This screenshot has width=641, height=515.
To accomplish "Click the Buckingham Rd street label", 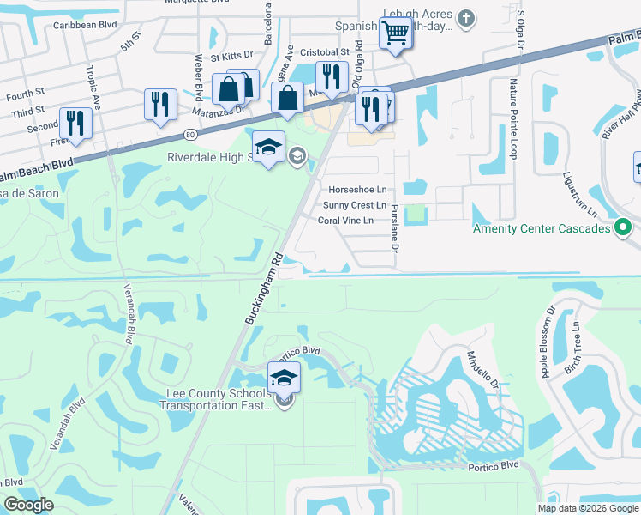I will pyautogui.click(x=263, y=287).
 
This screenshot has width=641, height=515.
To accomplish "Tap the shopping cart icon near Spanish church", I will pyautogui.click(x=395, y=35).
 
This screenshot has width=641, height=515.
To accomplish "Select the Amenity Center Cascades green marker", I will pyautogui.click(x=624, y=228).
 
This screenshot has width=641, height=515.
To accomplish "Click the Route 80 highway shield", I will pyautogui.click(x=190, y=134).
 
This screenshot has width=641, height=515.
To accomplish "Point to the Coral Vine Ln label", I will pyautogui.click(x=346, y=221).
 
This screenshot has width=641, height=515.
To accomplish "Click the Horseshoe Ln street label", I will pyautogui.click(x=358, y=189).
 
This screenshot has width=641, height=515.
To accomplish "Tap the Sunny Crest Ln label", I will pyautogui.click(x=355, y=205).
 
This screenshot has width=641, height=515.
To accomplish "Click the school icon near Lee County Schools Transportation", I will pyautogui.click(x=285, y=376).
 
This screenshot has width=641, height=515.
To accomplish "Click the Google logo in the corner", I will pyautogui.click(x=28, y=505).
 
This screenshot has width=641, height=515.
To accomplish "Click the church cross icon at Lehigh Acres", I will pyautogui.click(x=465, y=18).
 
